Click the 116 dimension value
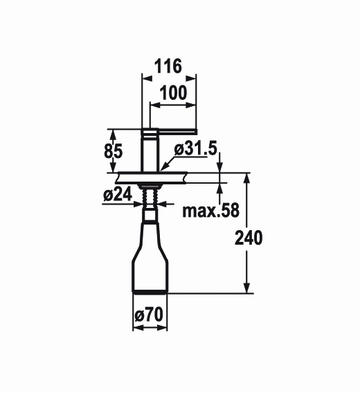click(x=168, y=66)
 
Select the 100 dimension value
click(x=173, y=93)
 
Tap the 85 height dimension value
click(x=113, y=151)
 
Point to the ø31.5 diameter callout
click(x=195, y=149)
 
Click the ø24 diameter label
click(x=118, y=194)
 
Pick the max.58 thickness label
click(x=210, y=211)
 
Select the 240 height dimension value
click(x=249, y=238)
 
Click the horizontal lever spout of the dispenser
click(x=177, y=131)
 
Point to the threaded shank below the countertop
click(x=150, y=197)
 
